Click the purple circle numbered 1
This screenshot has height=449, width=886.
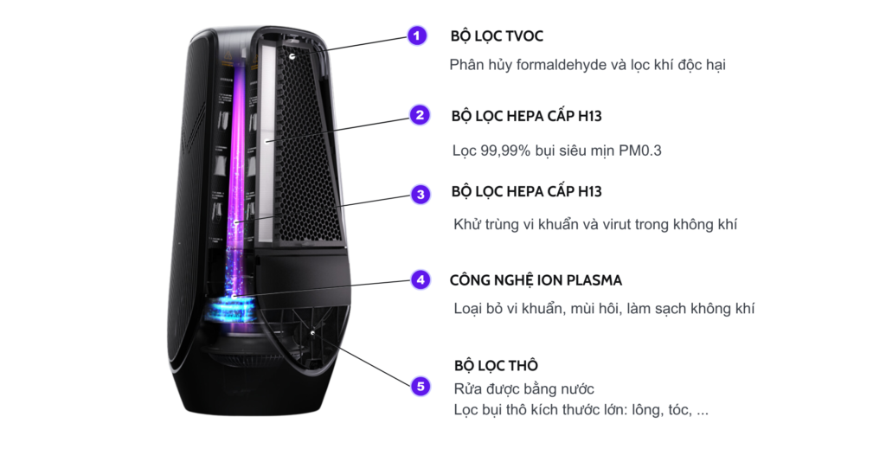417,36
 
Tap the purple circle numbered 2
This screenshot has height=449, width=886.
419,115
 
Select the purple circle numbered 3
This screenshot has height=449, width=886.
420,194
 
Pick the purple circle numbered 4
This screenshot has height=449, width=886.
420,279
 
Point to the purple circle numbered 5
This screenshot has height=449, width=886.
421,386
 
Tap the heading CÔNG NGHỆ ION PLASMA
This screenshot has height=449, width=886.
536,280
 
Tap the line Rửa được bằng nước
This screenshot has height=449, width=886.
523,388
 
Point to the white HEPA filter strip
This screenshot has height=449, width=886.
268,130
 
